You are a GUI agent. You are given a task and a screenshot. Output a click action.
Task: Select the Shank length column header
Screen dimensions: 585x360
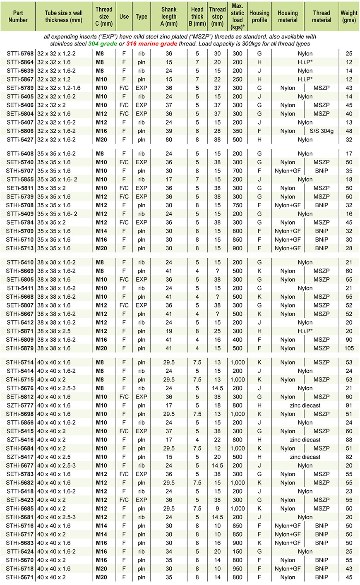click(169, 17)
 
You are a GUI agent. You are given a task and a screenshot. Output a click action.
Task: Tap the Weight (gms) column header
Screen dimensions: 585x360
click(349, 17)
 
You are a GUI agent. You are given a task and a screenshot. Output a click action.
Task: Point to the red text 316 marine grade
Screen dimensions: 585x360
click(154, 44)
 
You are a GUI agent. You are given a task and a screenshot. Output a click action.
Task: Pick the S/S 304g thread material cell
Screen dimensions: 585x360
click(322, 131)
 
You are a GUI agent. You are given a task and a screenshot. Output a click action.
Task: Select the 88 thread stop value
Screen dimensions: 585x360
click(217, 140)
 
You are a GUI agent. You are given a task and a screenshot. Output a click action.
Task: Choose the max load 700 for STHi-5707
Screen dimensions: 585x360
click(237, 171)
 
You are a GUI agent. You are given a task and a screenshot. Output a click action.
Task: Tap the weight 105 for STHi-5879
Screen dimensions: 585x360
click(349, 348)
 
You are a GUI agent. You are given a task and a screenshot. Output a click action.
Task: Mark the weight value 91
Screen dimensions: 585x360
click(349, 405)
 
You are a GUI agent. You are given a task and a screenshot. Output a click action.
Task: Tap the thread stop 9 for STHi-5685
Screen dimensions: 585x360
click(217, 508)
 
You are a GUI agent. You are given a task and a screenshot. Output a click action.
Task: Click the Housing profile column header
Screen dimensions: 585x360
click(259, 17)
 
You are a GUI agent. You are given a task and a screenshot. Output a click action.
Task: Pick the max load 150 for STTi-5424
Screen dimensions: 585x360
click(237, 551)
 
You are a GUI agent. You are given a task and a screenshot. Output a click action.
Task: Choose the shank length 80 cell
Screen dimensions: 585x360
click(169, 140)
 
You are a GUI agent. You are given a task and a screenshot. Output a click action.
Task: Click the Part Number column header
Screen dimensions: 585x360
click(18, 17)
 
